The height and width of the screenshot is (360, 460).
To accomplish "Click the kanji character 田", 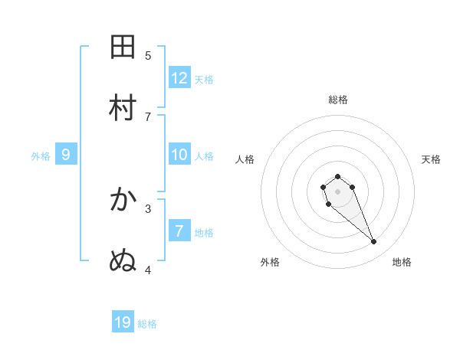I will tap(123, 47).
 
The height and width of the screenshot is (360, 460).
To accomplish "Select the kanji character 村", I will tap(123, 108).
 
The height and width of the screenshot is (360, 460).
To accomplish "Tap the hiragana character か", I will tap(123, 200).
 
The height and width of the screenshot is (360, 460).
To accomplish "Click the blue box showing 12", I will tap(179, 78).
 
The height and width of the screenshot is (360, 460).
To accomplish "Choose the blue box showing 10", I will tap(179, 155).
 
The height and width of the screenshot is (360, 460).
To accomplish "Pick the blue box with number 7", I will tap(179, 231).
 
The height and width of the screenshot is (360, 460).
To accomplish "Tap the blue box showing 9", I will tap(66, 155).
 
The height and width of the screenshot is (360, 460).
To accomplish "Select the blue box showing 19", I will tap(123, 322).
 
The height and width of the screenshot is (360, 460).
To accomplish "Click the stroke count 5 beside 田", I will tap(149, 55).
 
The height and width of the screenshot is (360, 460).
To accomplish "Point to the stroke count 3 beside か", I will tap(149, 208).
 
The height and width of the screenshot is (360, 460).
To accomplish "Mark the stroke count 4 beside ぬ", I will tap(149, 270).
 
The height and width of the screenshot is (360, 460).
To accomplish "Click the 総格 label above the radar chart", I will tap(338, 100).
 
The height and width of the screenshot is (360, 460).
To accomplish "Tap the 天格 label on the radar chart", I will tap(431, 159).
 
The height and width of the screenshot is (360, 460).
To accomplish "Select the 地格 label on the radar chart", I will tap(402, 262).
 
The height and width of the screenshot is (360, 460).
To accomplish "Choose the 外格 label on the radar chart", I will tap(270, 262).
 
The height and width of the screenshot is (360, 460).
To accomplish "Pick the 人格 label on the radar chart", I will tap(245, 159).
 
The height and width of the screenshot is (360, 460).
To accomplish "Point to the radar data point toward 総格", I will tap(337, 176).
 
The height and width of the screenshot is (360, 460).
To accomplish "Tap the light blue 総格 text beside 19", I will tap(147, 324).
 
